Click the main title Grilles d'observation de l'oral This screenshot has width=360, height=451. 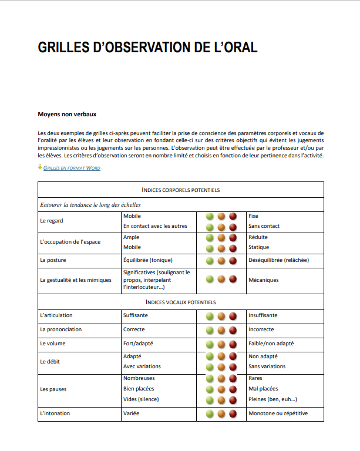[147, 48]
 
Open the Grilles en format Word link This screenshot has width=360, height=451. [72, 168]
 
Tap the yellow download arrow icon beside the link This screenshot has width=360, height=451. [40, 167]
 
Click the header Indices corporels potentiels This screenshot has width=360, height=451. [181, 190]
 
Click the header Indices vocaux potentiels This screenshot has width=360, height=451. [181, 302]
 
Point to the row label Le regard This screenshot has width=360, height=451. [52, 221]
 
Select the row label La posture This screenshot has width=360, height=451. [52, 260]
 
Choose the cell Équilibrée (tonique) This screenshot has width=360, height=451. [148, 260]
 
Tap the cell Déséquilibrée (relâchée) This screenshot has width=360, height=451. [278, 260]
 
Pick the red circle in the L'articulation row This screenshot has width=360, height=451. [233, 316]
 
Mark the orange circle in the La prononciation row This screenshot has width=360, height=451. [221, 330]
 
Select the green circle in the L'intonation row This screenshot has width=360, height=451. [210, 414]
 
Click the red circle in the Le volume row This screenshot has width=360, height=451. [233, 344]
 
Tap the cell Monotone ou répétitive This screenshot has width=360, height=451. [278, 413]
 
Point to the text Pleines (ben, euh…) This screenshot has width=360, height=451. [272, 399]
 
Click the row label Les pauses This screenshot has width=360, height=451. [53, 389]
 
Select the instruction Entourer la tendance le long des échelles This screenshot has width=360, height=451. [90, 205]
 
